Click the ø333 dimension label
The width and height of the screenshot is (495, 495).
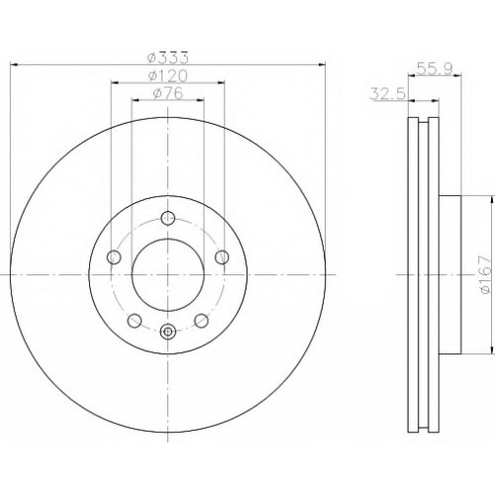[168, 58]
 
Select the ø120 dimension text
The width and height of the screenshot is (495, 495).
[168, 76]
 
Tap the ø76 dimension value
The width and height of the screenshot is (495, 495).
[168, 93]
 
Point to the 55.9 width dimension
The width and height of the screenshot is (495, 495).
[435, 69]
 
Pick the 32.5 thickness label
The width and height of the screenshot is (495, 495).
[387, 93]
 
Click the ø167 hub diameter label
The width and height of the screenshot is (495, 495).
[485, 274]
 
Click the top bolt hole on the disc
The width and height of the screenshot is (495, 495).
[168, 218]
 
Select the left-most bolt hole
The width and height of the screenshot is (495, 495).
[114, 256]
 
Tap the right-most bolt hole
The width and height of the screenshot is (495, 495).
[222, 256]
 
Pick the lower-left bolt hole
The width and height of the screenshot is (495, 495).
[135, 321]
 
